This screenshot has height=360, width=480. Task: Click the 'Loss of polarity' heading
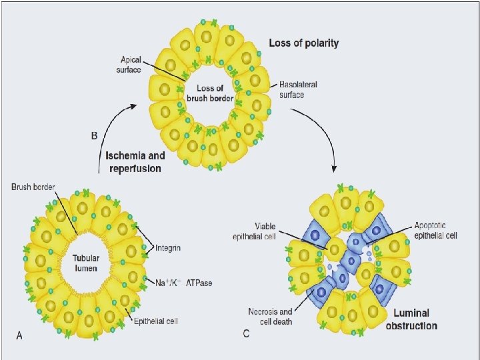pos(303,43)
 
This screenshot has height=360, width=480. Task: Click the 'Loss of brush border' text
pos(210,94)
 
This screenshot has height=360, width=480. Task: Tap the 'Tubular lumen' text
pos(86,263)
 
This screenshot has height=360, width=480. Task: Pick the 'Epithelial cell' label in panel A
pos(156,321)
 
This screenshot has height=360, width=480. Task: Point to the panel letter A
pos(19,335)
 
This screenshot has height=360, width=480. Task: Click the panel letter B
pos(94,135)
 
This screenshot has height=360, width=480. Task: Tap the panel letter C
pos(247,333)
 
